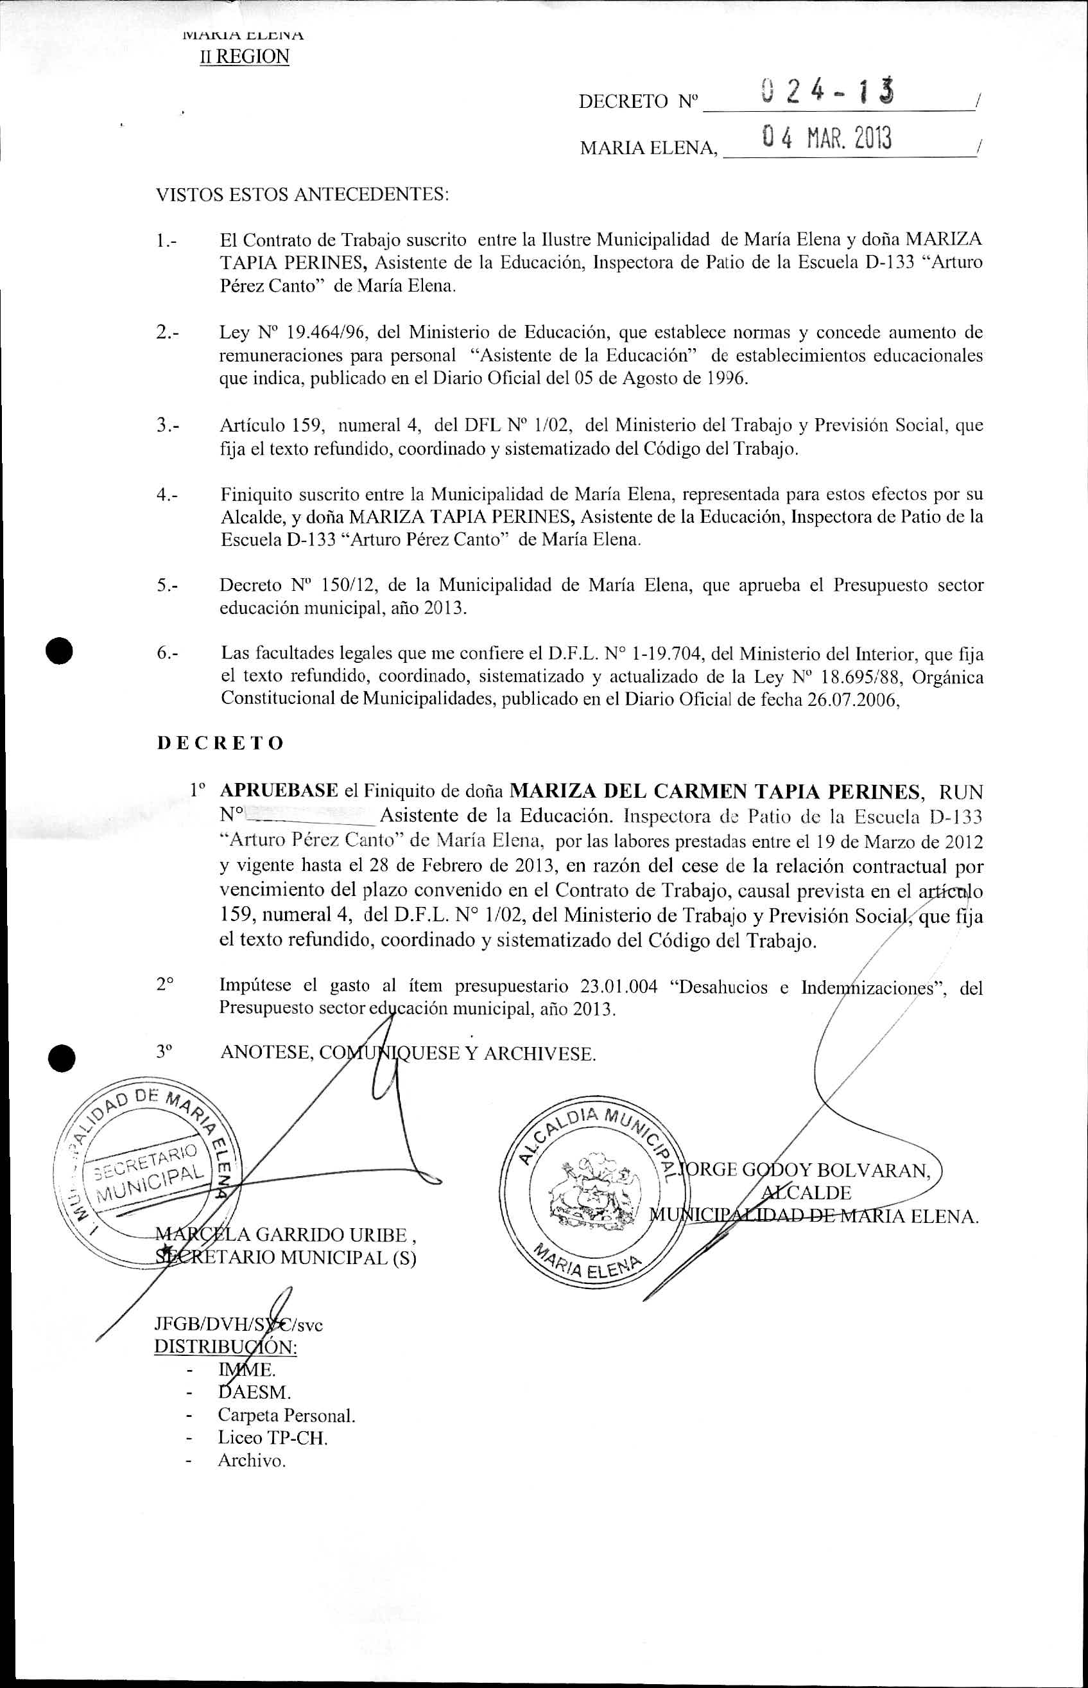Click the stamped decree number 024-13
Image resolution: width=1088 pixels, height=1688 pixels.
pos(828,93)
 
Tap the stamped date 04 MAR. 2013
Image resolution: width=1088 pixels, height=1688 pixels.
pos(827,139)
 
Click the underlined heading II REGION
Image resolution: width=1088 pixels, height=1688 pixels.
pos(245,57)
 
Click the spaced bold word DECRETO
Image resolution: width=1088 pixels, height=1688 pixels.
pos(220,743)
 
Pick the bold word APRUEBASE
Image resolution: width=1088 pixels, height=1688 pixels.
pos(280,790)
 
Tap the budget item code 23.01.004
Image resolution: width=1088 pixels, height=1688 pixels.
pos(619,987)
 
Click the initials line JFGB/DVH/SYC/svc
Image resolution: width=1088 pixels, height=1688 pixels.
pos(238,1324)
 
